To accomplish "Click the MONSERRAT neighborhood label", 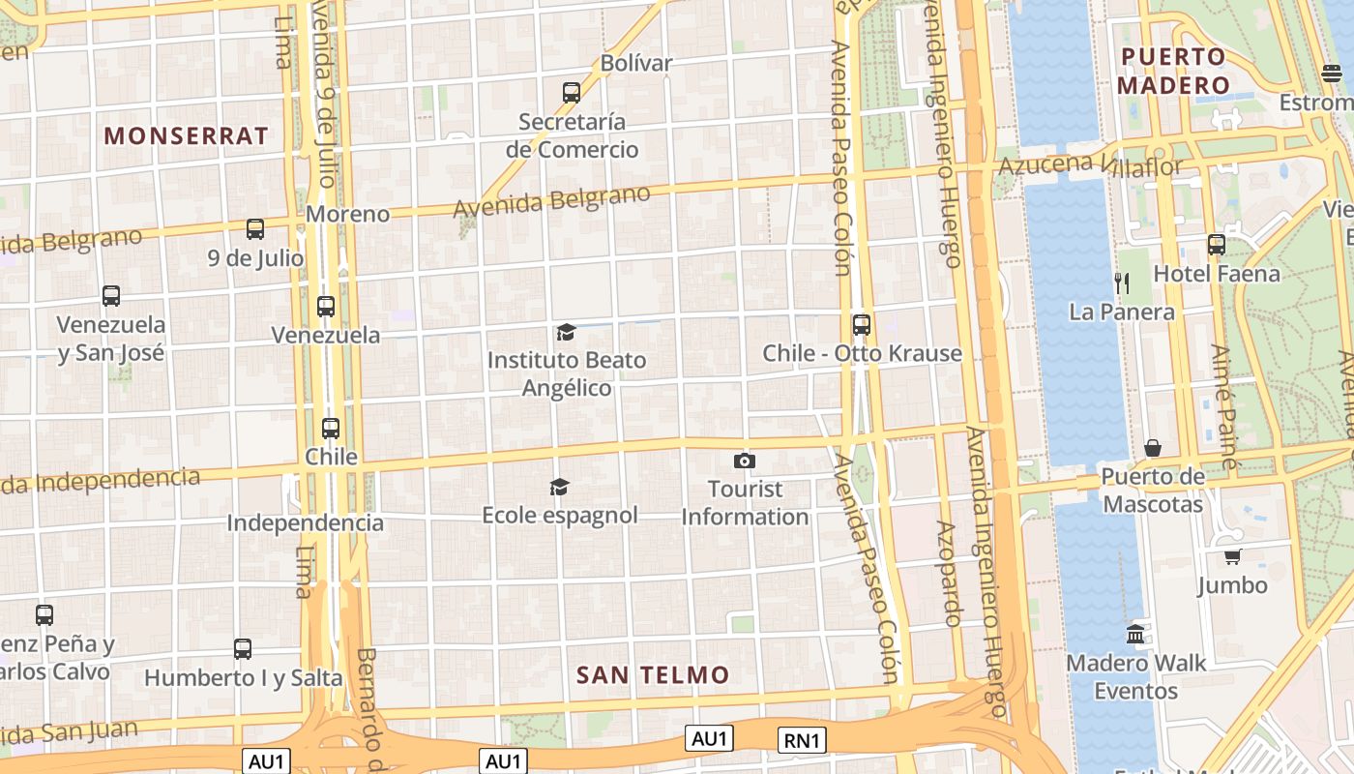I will [x=186, y=136].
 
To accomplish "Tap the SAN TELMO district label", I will [x=653, y=675].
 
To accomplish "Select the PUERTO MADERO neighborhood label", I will [x=1173, y=71].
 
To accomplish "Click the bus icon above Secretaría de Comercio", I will [x=572, y=93].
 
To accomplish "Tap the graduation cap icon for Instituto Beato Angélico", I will [x=566, y=333].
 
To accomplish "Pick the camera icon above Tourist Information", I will [x=744, y=461].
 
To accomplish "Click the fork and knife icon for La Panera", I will [x=1122, y=283].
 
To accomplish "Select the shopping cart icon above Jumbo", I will [x=1232, y=556].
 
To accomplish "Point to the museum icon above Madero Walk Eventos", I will [x=1135, y=635].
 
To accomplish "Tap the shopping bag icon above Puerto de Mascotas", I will [x=1153, y=448].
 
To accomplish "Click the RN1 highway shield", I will [x=802, y=740].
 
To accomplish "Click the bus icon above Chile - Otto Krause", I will [x=862, y=325].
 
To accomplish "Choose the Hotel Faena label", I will [x=1217, y=274].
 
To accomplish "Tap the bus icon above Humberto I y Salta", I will [x=243, y=649].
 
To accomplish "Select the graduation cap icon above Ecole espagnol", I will [x=559, y=487].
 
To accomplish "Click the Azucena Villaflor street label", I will [x=1090, y=164].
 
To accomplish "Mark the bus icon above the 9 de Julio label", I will [x=255, y=229].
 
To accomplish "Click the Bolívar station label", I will [x=636, y=64].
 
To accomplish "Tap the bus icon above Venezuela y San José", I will [x=111, y=296].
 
